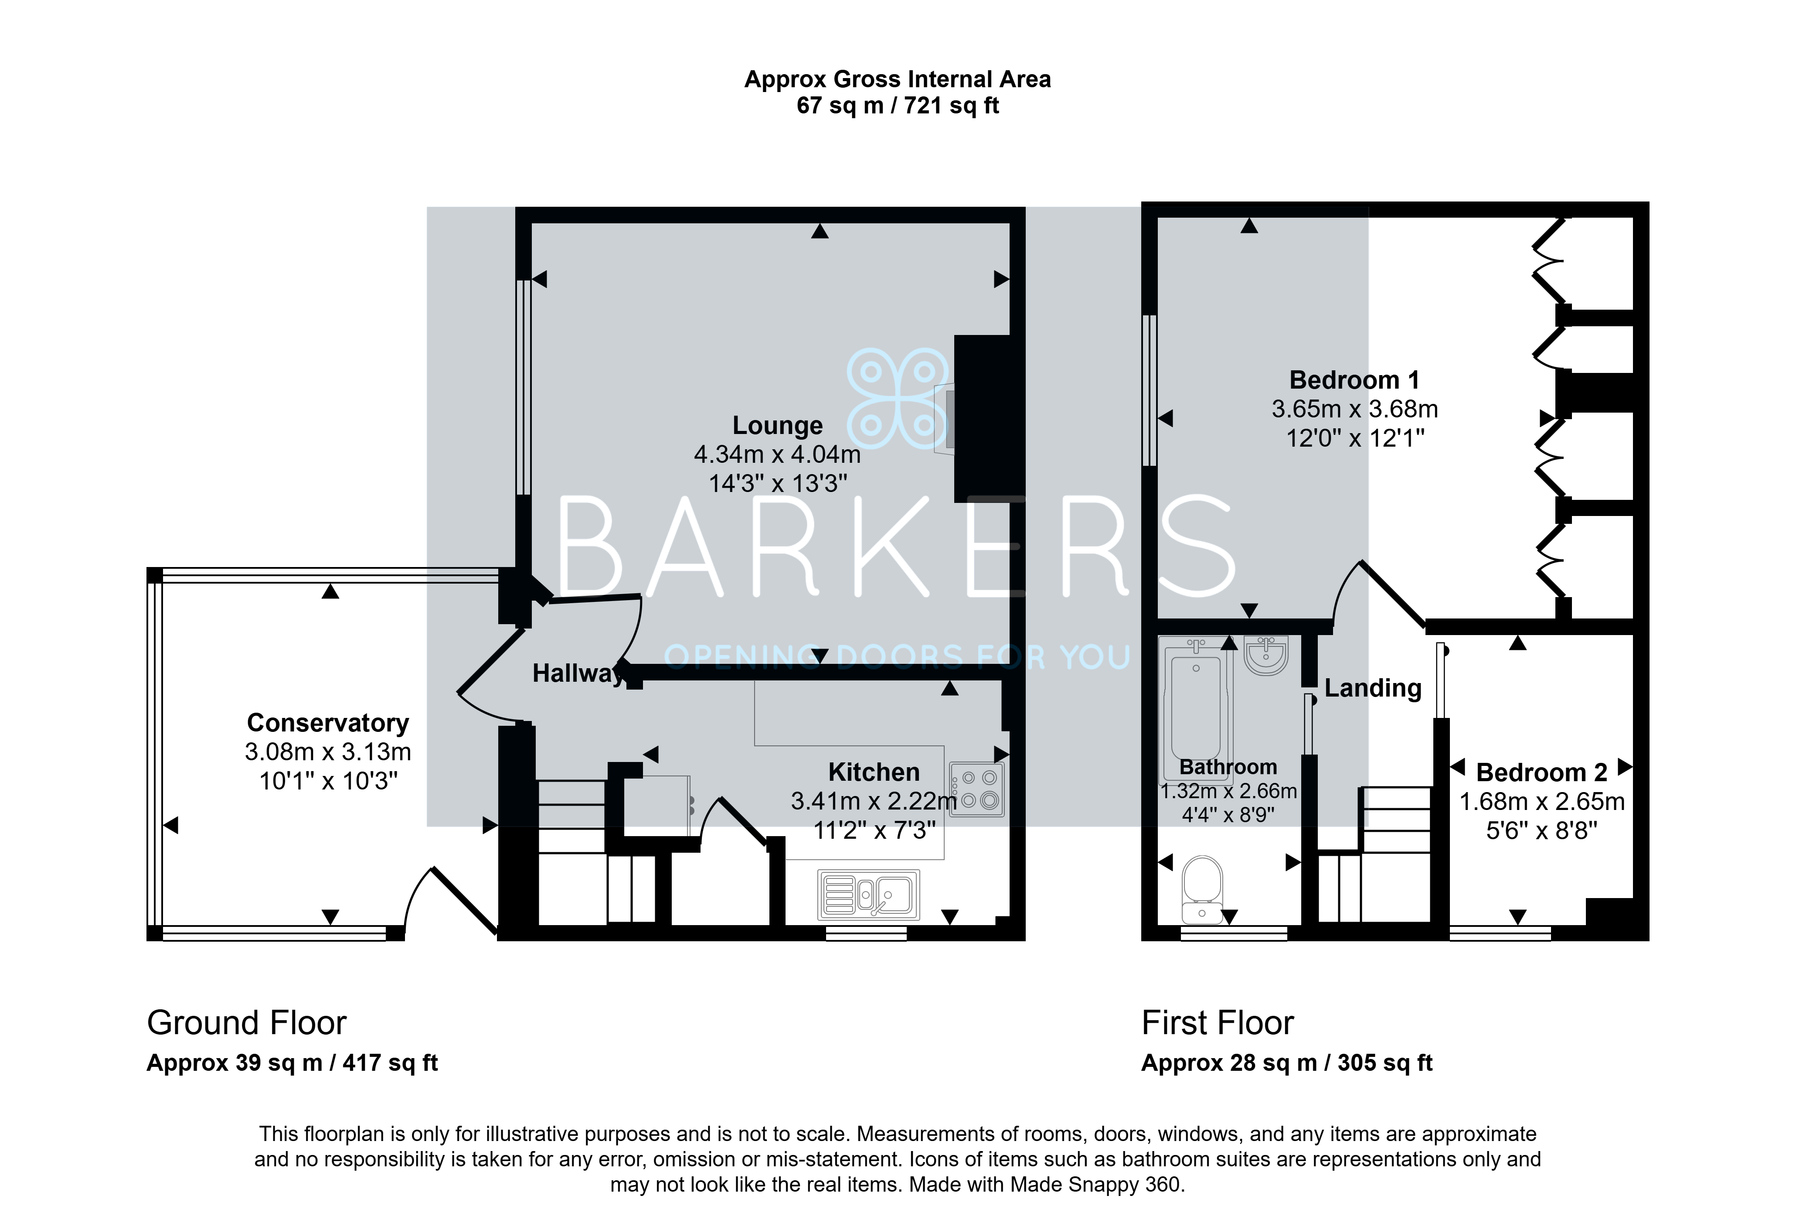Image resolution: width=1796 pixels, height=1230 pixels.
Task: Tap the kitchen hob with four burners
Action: click(x=977, y=789)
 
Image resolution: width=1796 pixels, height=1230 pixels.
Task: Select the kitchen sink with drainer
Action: click(x=869, y=895)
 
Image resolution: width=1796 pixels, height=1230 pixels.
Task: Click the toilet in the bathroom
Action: click(x=1202, y=890)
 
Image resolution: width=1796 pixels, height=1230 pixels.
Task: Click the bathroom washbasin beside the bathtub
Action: click(x=1266, y=655)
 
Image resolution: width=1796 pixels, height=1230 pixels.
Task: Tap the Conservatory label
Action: click(x=328, y=723)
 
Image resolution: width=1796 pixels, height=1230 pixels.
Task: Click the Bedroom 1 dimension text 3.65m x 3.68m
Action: click(x=1355, y=409)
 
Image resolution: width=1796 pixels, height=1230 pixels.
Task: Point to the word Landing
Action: click(x=1373, y=688)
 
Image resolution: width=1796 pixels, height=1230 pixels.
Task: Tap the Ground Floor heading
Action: click(x=247, y=1023)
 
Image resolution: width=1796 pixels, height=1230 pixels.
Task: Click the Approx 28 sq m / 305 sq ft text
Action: click(x=1287, y=1063)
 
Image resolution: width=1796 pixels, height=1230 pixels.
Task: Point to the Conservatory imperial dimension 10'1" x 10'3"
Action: click(x=328, y=782)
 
